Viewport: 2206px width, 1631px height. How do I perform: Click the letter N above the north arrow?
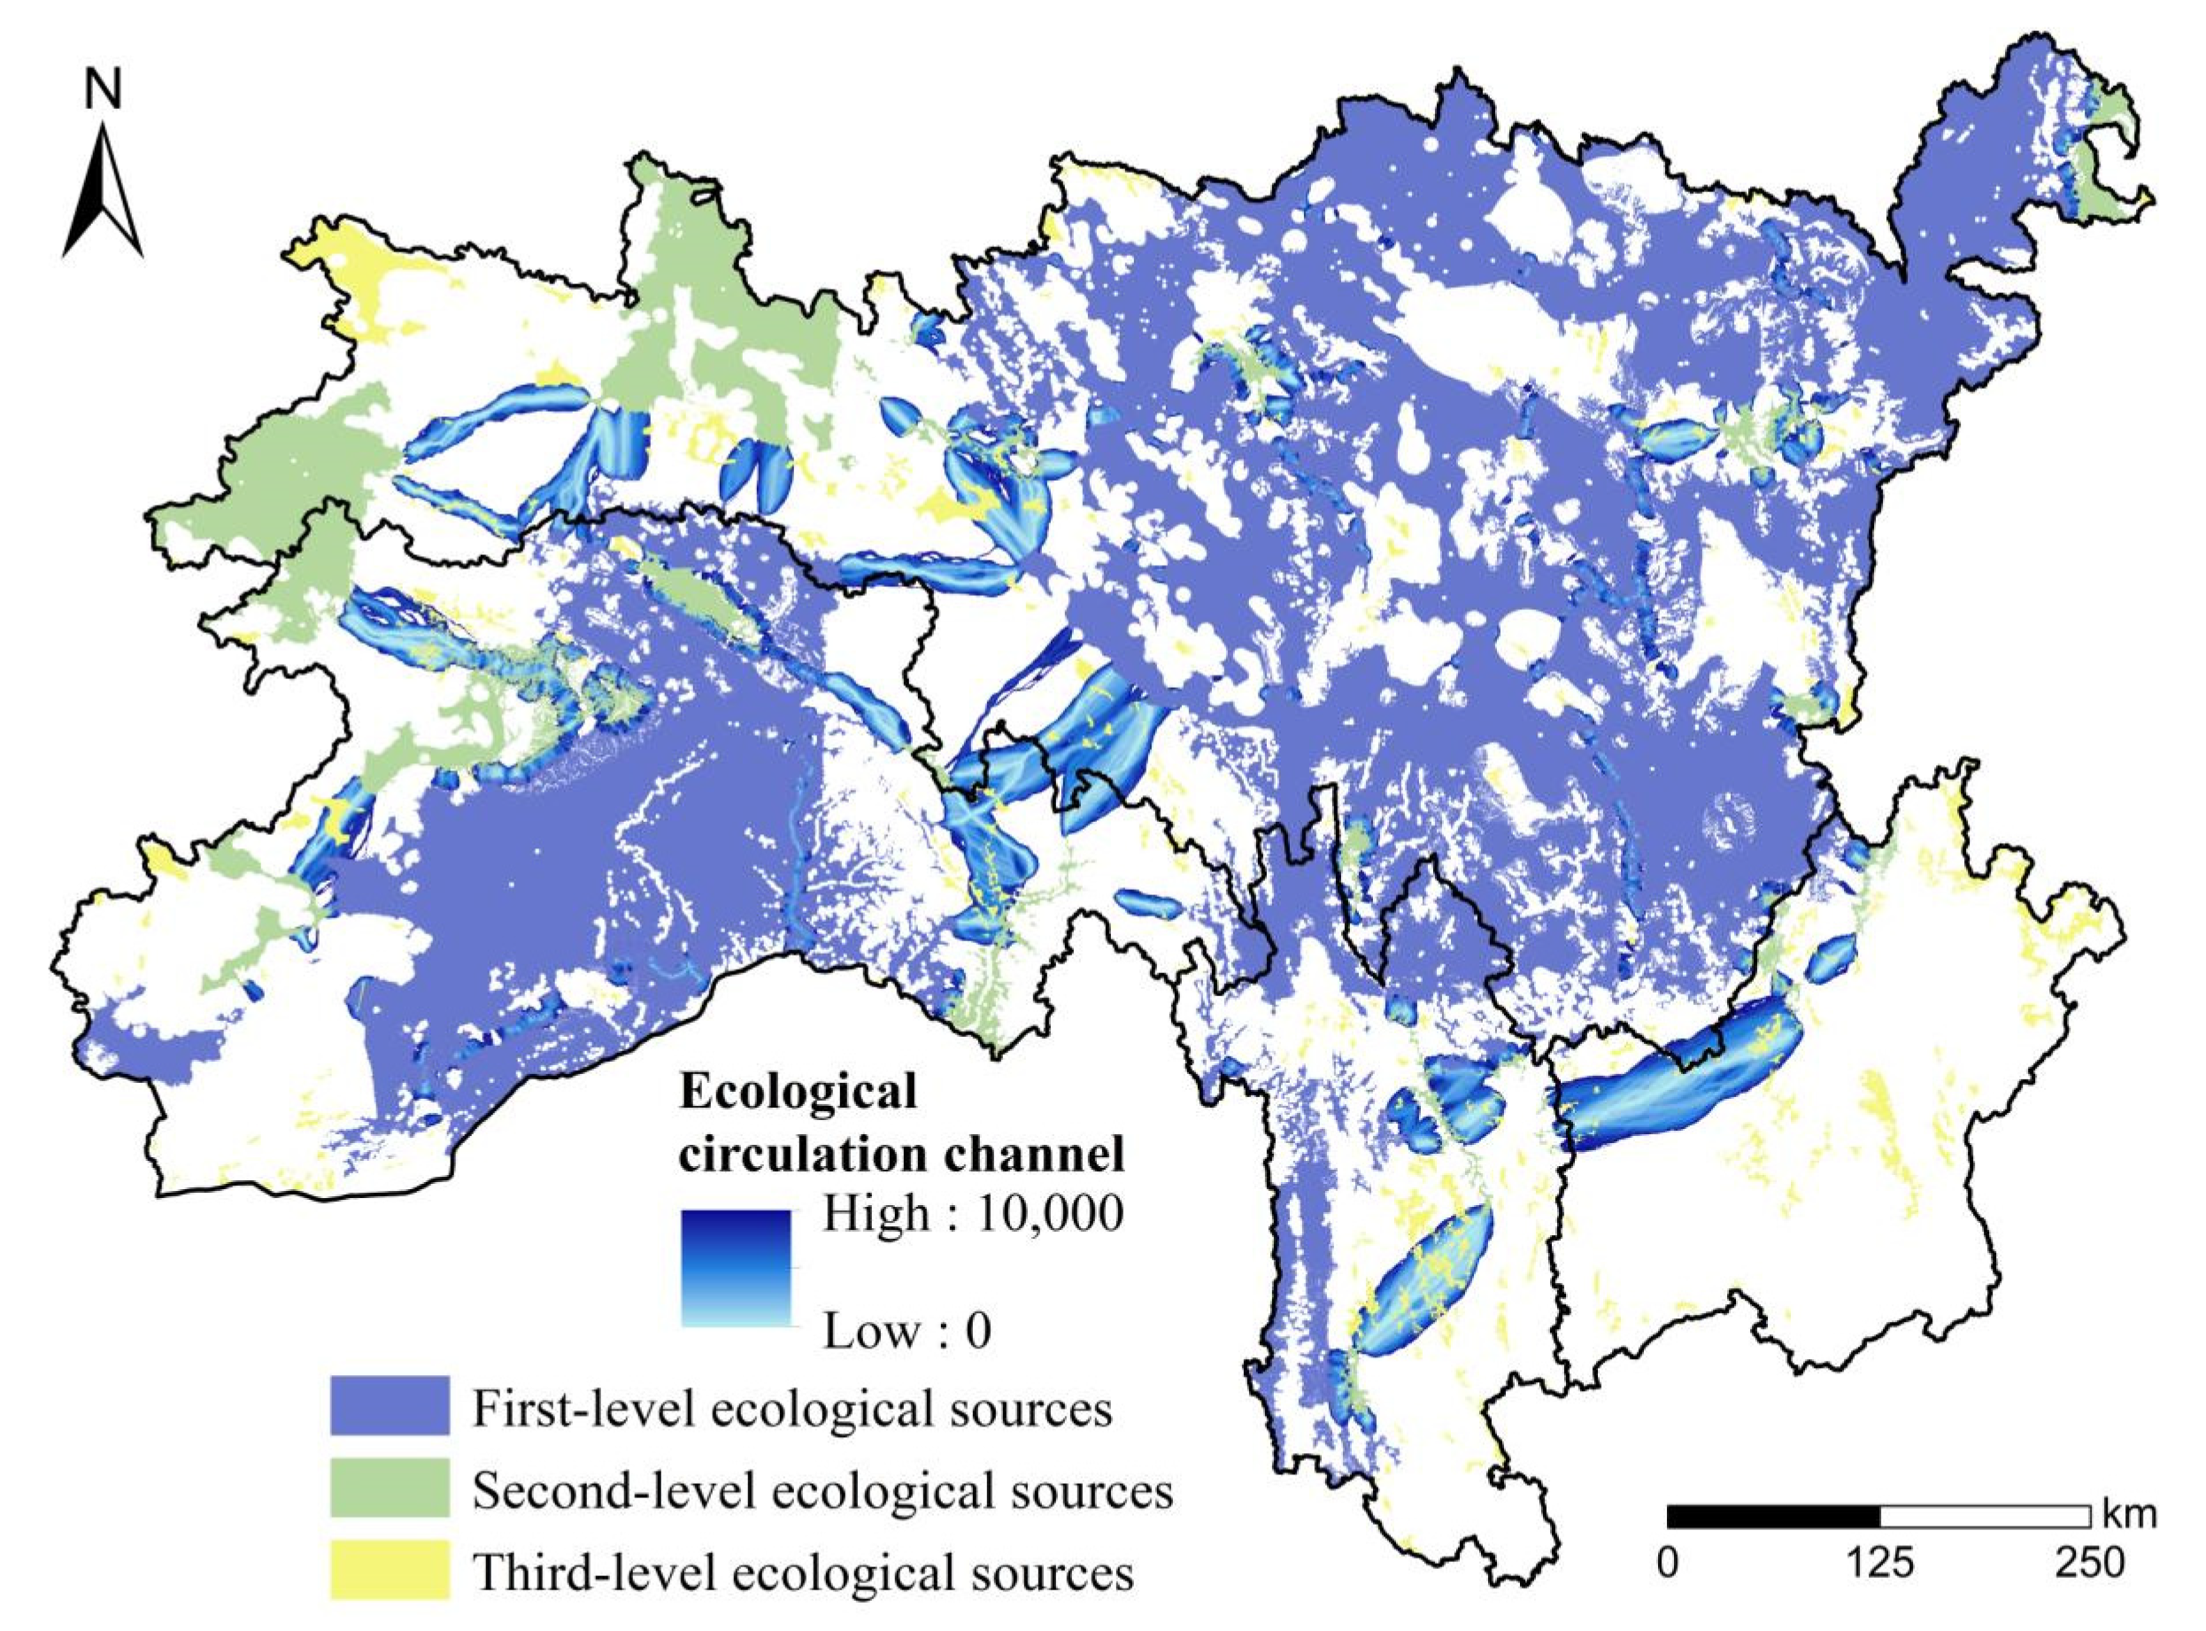103,92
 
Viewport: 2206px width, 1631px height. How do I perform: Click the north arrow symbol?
103,189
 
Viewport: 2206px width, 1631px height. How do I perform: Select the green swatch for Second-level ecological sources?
389,1488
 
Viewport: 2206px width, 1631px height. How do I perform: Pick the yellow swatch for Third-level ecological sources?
389,1570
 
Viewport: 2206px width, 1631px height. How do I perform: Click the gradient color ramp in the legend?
736,1270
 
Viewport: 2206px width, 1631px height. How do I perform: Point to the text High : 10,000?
972,1213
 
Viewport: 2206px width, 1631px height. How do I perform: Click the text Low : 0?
906,1332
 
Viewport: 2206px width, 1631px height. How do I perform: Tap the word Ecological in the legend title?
798,1092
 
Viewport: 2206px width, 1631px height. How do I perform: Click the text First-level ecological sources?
792,1409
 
